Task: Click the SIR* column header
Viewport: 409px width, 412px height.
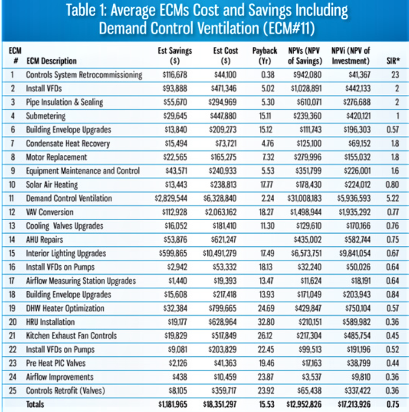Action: point(393,61)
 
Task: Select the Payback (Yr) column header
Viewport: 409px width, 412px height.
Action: point(265,56)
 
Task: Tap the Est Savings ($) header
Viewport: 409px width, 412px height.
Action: point(175,56)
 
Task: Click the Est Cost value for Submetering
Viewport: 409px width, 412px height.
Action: point(223,116)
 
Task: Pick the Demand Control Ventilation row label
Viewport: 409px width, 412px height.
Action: point(69,198)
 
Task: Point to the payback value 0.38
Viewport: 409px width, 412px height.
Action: point(267,75)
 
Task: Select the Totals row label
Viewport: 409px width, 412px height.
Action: point(35,404)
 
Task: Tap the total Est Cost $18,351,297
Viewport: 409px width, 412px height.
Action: point(220,404)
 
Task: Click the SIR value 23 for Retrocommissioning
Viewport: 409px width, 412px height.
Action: point(395,75)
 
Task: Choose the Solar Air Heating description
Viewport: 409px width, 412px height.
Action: point(52,184)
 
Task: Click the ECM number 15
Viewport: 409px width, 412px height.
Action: point(12,253)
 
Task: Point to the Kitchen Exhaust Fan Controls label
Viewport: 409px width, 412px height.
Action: point(71,336)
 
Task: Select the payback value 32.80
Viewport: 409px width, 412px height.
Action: point(266,322)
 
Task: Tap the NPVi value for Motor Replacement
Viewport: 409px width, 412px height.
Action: point(357,157)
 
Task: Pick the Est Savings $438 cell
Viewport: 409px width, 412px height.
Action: point(180,377)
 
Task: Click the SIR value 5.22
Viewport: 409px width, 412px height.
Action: point(393,198)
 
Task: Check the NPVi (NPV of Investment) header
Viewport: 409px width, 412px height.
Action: point(351,56)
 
